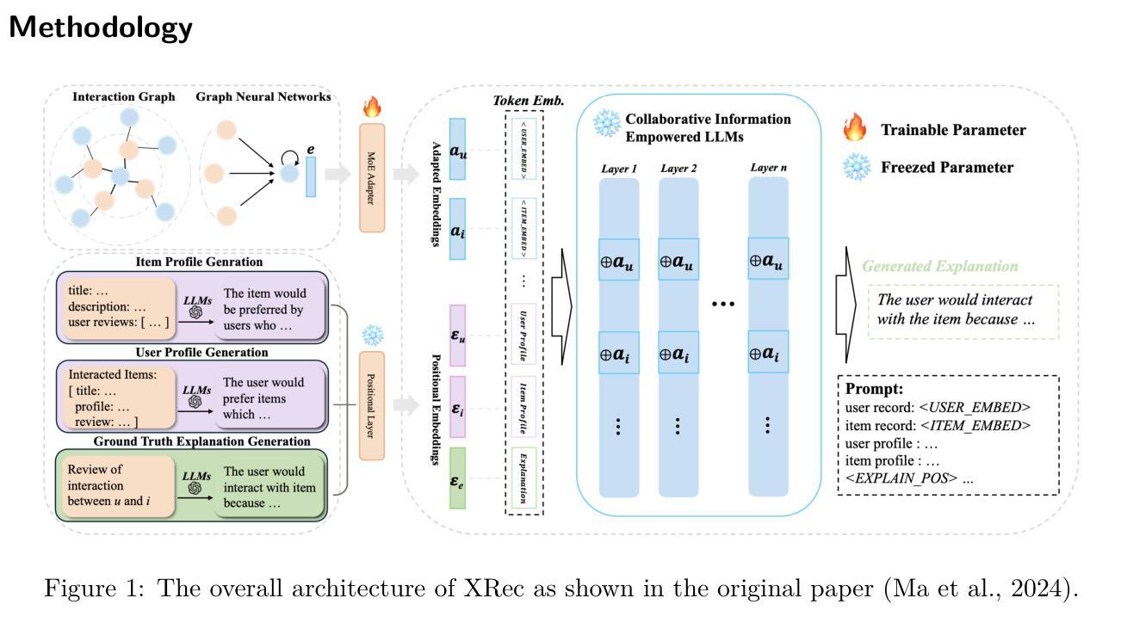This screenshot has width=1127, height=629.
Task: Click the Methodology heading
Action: (x=101, y=27)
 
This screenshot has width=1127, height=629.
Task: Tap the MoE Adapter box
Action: (x=372, y=177)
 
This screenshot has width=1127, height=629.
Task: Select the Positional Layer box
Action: (x=372, y=405)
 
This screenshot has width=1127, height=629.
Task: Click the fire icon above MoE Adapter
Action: (x=372, y=108)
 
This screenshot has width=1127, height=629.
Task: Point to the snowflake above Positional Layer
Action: (x=372, y=336)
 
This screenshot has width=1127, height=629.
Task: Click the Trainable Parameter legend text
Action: (x=953, y=130)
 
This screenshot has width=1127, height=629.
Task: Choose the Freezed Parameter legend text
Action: (x=947, y=167)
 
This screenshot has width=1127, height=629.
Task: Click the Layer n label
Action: (x=768, y=168)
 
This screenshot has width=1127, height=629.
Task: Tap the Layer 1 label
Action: (x=618, y=169)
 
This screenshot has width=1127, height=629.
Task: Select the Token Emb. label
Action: (x=529, y=101)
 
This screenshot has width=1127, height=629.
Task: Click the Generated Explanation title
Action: (x=940, y=267)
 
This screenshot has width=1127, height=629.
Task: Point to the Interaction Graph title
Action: (x=123, y=97)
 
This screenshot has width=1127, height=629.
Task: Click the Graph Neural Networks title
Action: (x=263, y=97)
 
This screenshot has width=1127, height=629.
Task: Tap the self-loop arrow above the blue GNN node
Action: (x=290, y=156)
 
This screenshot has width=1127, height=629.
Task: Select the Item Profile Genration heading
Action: (x=200, y=262)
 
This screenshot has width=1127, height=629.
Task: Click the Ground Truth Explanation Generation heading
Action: (x=201, y=441)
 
